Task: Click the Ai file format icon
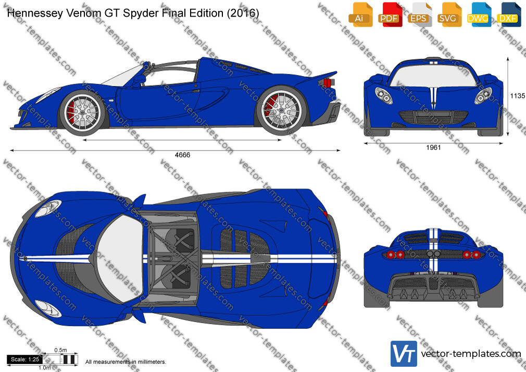(360, 14)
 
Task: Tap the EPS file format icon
(419, 14)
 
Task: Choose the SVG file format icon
(449, 14)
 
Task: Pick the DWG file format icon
(479, 14)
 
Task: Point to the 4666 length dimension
(182, 155)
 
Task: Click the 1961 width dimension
(433, 147)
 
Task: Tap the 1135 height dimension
(518, 96)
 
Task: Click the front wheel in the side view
(82, 113)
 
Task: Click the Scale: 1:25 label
(25, 359)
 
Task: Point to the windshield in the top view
(121, 258)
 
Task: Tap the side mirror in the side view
(139, 81)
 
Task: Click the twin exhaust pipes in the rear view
(433, 254)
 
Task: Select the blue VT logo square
(404, 354)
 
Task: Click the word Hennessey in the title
(35, 14)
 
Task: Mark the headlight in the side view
(48, 94)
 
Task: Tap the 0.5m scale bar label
(61, 350)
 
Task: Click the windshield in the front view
(433, 75)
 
